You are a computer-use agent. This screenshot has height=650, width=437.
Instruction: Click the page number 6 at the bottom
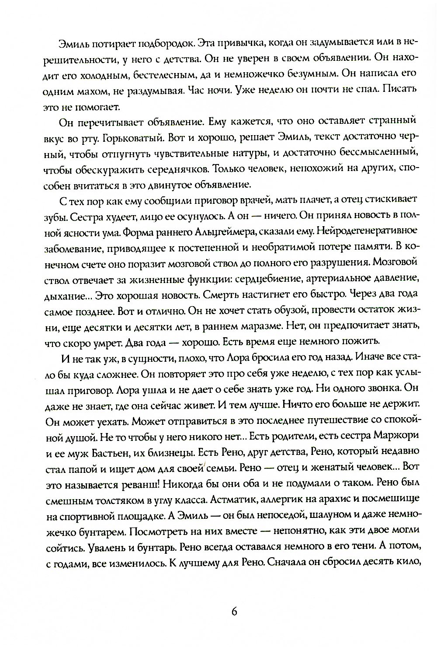[x=234, y=612]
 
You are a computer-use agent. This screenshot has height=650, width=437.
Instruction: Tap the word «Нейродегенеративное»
[x=367, y=231]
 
